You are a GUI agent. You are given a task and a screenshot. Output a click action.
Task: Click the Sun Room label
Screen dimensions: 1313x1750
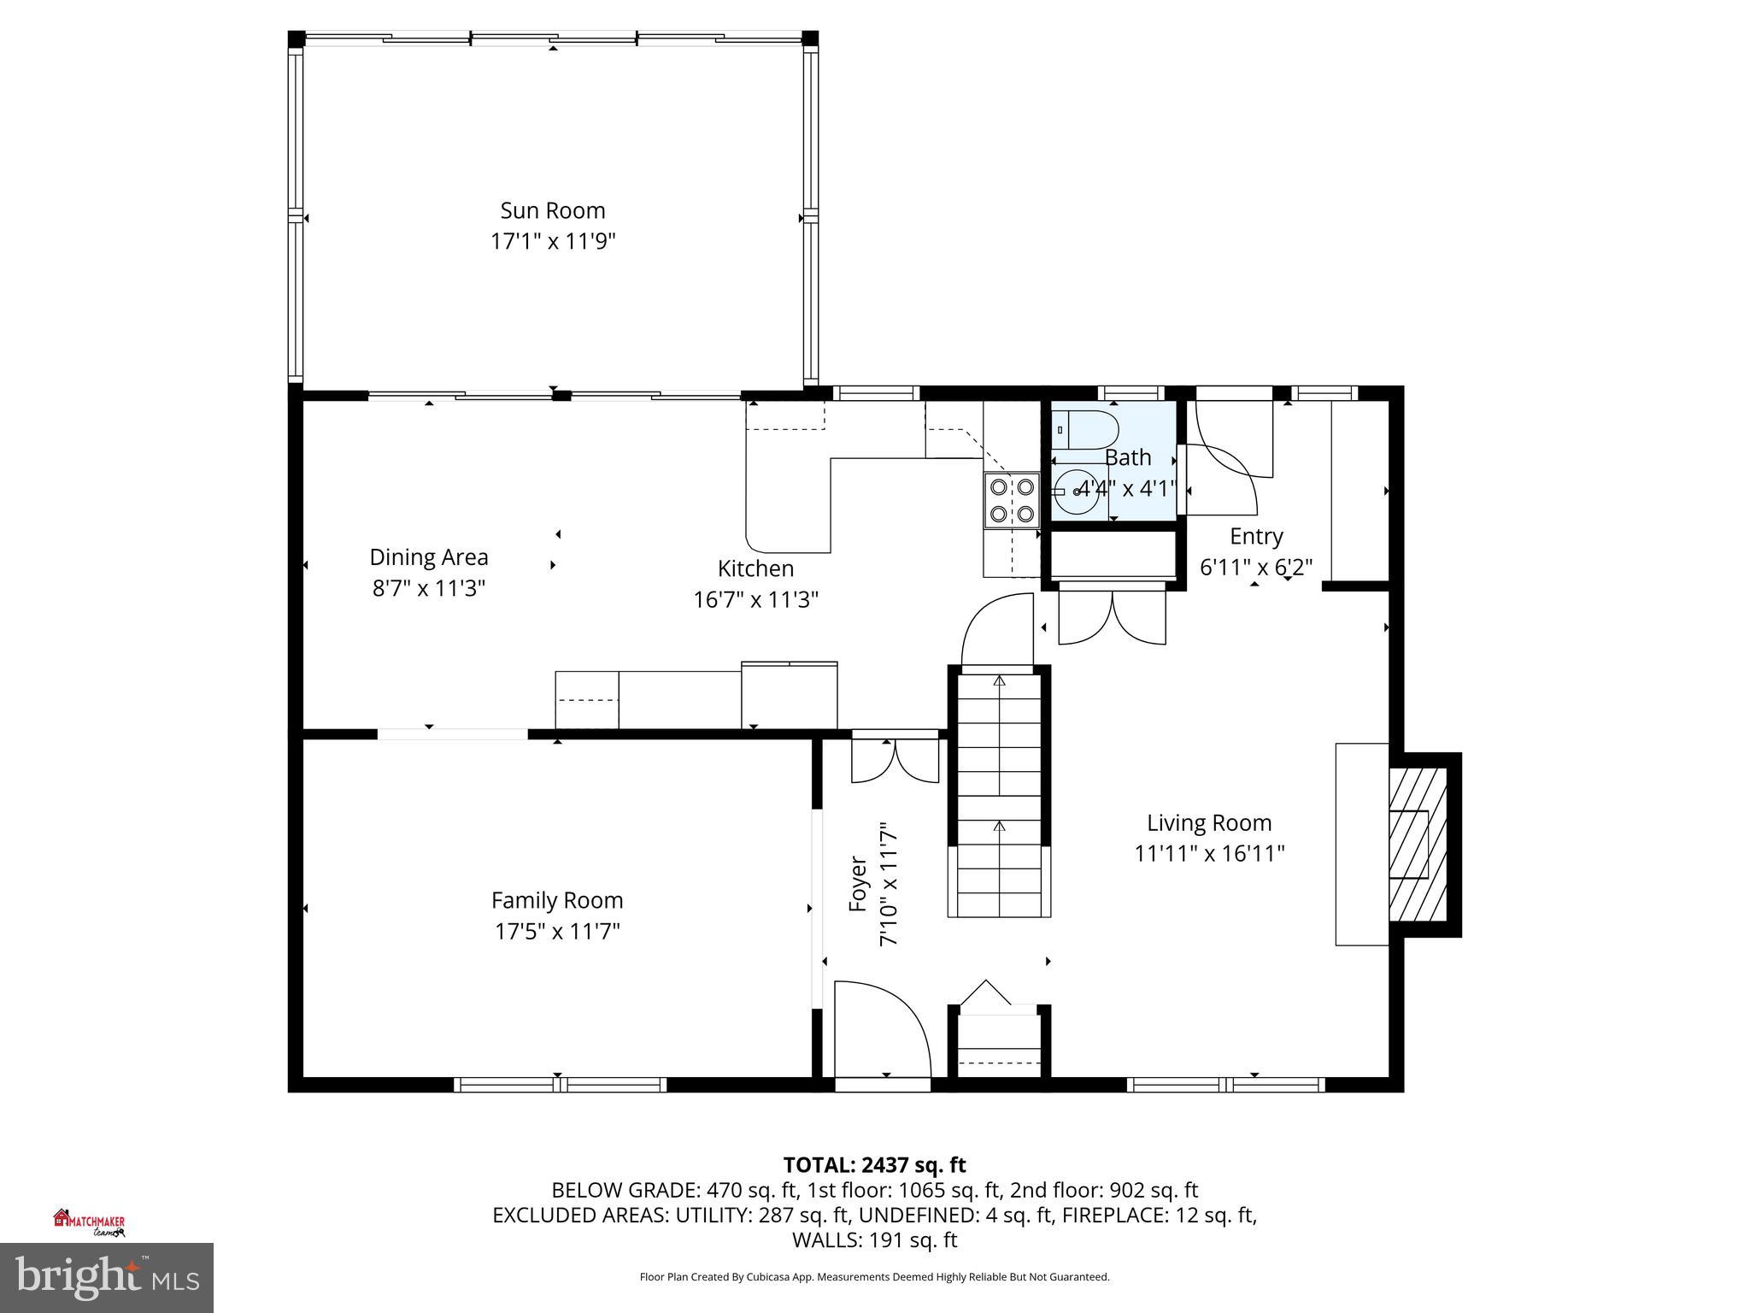552,210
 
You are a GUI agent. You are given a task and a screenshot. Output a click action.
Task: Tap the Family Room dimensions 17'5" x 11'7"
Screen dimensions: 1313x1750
557,931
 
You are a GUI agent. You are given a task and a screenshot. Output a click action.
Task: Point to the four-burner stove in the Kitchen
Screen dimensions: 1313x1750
1012,500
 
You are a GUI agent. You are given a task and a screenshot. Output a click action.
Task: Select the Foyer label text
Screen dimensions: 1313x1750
858,884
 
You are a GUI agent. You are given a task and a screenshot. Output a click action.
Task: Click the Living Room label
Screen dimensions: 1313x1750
1208,822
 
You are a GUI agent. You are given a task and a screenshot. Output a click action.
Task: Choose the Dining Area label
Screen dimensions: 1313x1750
428,557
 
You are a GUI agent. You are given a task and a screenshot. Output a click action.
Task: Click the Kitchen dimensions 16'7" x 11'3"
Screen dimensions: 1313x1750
755,599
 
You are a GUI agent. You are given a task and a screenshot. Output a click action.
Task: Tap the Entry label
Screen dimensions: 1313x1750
1255,536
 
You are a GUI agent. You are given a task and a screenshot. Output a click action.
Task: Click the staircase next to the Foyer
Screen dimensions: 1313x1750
999,791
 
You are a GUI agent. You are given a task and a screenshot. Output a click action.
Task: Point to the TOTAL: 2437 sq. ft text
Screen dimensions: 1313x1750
874,1164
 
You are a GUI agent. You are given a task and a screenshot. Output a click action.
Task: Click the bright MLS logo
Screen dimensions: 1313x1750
106,1277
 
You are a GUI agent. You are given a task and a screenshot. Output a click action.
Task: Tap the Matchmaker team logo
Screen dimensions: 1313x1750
90,1222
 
